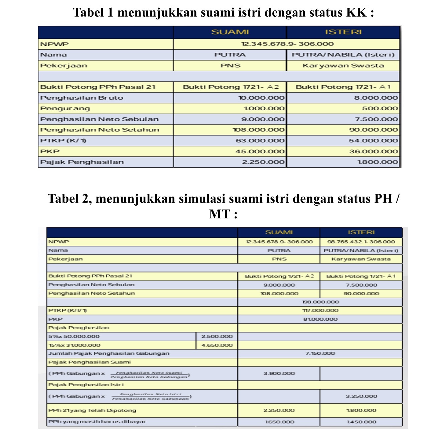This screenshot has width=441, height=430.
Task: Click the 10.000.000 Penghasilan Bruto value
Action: [x=261, y=98]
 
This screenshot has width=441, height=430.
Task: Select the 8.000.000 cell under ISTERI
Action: [x=376, y=98]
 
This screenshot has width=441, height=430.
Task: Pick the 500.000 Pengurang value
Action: [x=380, y=109]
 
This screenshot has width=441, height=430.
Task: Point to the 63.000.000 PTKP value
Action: [x=260, y=141]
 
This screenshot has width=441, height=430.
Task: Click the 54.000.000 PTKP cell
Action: [x=373, y=141]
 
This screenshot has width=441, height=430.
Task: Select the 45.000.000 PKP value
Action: [x=260, y=151]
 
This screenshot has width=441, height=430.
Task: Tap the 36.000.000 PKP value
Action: [x=374, y=151]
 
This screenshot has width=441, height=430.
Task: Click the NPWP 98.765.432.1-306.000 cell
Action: [x=361, y=242]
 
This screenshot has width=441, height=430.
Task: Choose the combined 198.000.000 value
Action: [x=320, y=302]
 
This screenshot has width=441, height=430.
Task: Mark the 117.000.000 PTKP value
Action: [x=320, y=311]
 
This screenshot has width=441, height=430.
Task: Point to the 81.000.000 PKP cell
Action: [x=320, y=319]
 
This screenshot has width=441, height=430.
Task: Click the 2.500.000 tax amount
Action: [x=217, y=337]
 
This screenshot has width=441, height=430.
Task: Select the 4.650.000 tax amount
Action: [x=217, y=345]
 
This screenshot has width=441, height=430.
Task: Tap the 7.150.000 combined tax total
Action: [x=320, y=353]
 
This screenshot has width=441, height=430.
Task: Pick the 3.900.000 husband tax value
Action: [x=279, y=373]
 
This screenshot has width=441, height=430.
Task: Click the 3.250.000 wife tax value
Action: [x=361, y=396]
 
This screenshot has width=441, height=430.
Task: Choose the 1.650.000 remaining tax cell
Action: [x=279, y=422]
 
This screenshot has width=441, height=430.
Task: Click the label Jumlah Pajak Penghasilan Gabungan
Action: [x=109, y=353]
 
